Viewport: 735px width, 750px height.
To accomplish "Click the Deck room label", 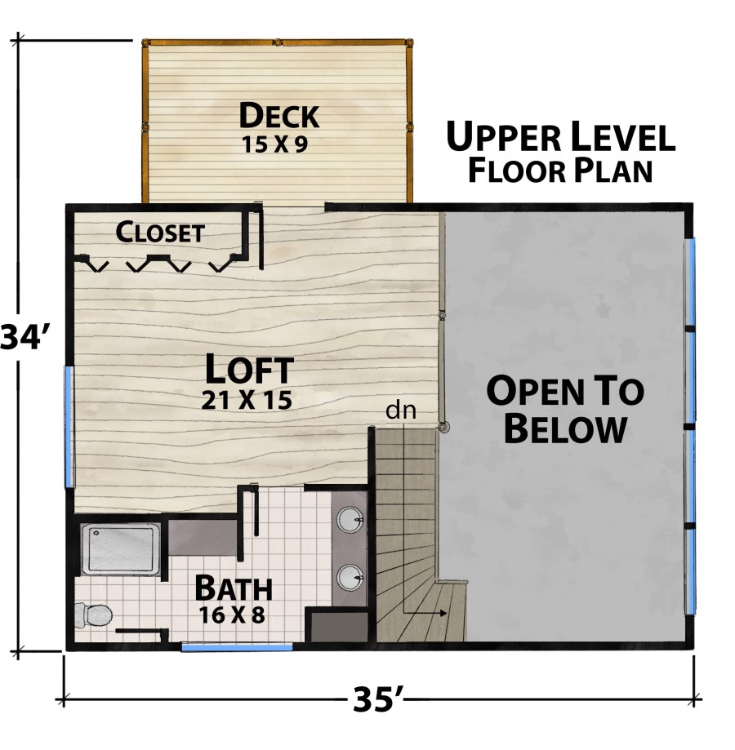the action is click(x=279, y=116).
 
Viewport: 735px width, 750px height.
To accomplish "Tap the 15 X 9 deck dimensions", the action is click(x=274, y=144).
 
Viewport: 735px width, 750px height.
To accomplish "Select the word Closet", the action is click(x=160, y=232).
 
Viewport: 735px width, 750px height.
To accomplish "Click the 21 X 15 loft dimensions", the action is click(x=247, y=401).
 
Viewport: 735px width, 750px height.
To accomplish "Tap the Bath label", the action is click(x=234, y=588).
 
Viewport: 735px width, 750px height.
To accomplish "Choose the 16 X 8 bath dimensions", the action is click(x=232, y=615).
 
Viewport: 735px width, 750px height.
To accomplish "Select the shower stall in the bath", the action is click(x=121, y=549).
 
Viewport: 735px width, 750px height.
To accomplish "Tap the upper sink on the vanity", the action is click(x=350, y=520).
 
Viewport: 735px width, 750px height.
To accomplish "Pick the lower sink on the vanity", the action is click(x=350, y=578).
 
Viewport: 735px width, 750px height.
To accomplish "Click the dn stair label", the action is click(x=401, y=411).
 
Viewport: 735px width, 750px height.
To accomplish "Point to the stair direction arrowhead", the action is click(x=443, y=613).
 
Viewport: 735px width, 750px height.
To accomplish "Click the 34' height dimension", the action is click(x=23, y=336).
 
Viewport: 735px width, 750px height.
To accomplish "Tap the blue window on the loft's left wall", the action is click(x=69, y=426).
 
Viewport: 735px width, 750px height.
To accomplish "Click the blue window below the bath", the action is click(x=237, y=647).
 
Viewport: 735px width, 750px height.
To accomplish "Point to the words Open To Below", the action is click(x=565, y=410).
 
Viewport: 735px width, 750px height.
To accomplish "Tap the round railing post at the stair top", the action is click(x=443, y=426).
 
